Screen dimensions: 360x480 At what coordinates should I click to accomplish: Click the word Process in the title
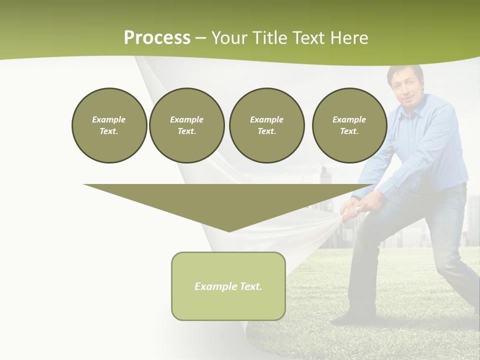tap(157, 38)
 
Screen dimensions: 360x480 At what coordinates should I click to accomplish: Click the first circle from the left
tap(109, 125)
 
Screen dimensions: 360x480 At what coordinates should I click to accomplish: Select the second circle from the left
tap(186, 125)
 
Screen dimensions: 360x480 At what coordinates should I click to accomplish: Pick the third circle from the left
tap(266, 125)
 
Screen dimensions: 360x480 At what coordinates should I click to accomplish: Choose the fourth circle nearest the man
tap(349, 125)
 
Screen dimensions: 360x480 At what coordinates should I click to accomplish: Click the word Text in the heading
tap(308, 38)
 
